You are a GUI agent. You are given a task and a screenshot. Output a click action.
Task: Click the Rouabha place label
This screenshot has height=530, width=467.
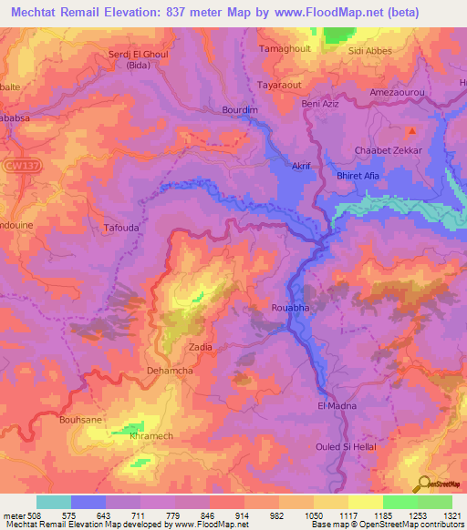pyautogui.click(x=292, y=309)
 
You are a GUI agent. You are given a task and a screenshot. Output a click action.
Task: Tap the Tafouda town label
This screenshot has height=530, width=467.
pyautogui.click(x=121, y=229)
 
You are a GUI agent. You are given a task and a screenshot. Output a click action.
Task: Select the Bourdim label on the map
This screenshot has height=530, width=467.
pyautogui.click(x=240, y=111)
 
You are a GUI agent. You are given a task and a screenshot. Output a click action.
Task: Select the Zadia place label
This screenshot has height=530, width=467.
pyautogui.click(x=201, y=347)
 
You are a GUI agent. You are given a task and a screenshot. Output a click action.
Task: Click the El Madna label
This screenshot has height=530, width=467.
pyautogui.click(x=337, y=405)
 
